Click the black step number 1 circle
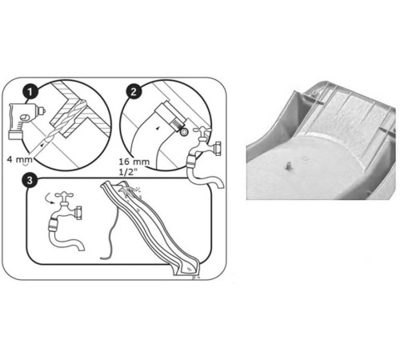pos(30,93)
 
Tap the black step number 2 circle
pos(134,92)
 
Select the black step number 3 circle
pos(29,181)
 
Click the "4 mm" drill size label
pos(19,160)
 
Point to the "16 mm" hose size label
pos(134,162)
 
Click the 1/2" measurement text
pos(129,171)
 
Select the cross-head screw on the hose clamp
pos(184,132)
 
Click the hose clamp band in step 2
pos(178,124)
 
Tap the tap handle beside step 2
pos(202,131)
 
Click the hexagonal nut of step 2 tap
pos(218,149)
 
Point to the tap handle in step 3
pos(64,195)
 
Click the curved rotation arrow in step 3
pos(50,198)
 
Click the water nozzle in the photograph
pos(289,166)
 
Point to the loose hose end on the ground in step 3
pos(105,258)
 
